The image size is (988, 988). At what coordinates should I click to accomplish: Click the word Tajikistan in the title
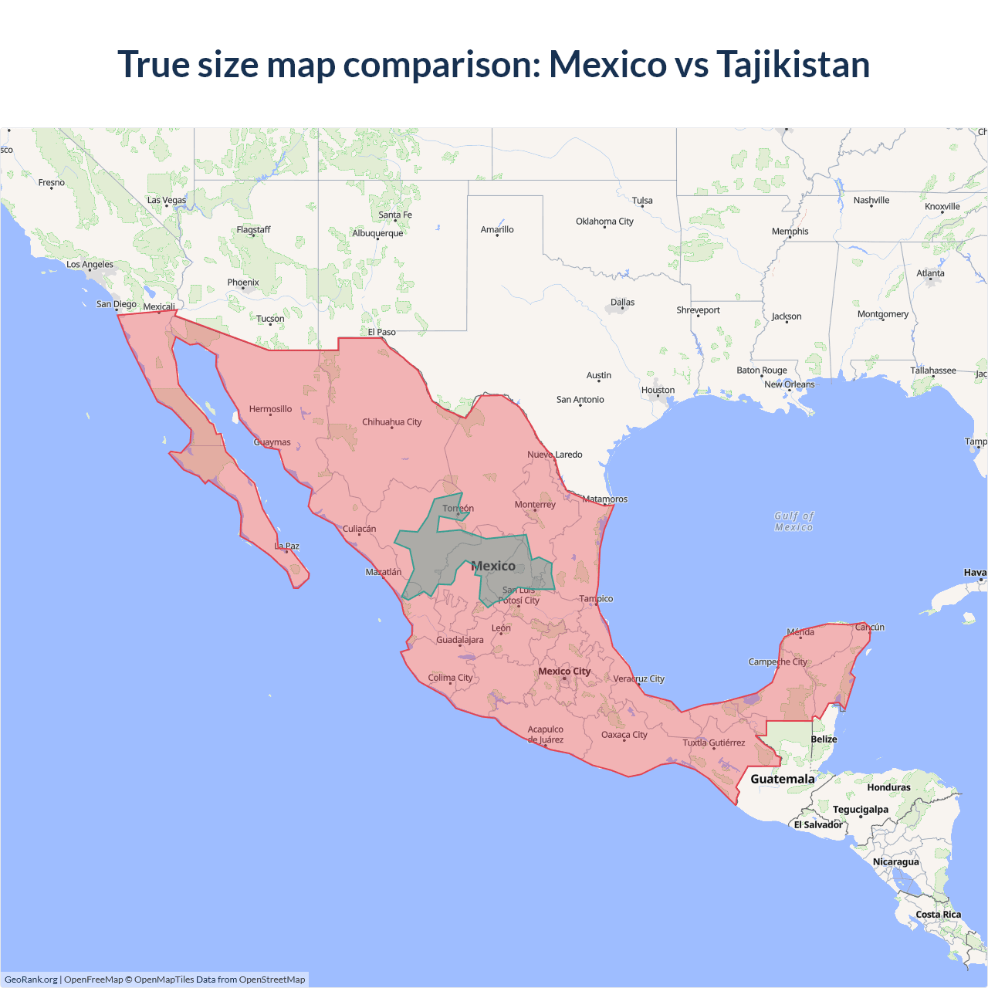click(x=793, y=65)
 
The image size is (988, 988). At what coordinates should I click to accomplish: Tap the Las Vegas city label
click(x=167, y=201)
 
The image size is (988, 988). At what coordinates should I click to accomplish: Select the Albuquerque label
click(x=377, y=233)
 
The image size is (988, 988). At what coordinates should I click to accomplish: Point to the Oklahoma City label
click(x=604, y=222)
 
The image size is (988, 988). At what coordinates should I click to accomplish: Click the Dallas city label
click(x=622, y=303)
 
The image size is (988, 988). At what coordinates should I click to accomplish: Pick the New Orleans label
click(x=789, y=384)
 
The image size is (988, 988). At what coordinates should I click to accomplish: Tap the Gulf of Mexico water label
click(x=793, y=522)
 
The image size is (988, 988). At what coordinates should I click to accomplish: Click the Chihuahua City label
click(x=391, y=422)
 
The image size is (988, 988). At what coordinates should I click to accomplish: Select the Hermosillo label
click(x=270, y=409)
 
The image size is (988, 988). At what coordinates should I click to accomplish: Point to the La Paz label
click(x=286, y=546)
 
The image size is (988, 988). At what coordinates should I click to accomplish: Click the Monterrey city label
click(x=535, y=505)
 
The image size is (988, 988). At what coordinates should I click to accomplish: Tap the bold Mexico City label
click(x=564, y=672)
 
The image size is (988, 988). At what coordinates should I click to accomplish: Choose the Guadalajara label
click(x=460, y=640)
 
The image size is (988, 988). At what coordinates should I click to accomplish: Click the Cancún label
click(x=869, y=628)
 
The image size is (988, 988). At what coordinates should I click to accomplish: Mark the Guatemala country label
click(x=782, y=780)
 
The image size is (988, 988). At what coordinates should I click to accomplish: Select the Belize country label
click(x=824, y=739)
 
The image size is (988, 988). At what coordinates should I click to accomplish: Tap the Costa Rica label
click(x=938, y=915)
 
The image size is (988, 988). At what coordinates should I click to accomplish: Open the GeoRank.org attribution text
click(x=31, y=980)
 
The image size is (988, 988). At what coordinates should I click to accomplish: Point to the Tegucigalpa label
click(x=860, y=810)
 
